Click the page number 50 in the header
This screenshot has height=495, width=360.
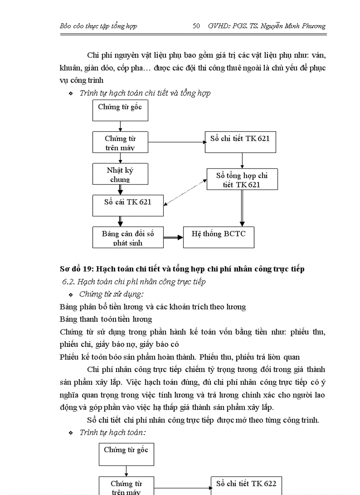point(197,26)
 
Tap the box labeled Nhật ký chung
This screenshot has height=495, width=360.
point(120,174)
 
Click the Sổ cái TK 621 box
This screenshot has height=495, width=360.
point(127,205)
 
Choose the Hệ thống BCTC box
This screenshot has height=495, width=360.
point(218,237)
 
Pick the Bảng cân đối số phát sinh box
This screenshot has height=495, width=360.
point(127,238)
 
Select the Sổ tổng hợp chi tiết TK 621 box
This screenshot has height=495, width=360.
point(242,179)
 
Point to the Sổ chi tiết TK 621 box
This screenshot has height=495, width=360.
point(240,142)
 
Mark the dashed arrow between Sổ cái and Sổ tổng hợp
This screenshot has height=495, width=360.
point(185,193)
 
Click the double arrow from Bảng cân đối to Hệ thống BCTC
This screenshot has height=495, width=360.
point(173,238)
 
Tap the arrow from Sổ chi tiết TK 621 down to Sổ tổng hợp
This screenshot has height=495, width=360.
point(242,160)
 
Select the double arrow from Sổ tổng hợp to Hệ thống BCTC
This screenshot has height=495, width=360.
point(242,208)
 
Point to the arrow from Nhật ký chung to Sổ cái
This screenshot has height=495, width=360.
point(120,190)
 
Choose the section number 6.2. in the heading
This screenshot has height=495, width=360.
point(69,282)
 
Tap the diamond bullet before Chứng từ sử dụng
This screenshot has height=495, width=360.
point(71,294)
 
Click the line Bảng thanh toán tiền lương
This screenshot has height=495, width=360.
point(106,319)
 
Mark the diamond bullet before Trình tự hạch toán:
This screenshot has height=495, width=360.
point(71,433)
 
